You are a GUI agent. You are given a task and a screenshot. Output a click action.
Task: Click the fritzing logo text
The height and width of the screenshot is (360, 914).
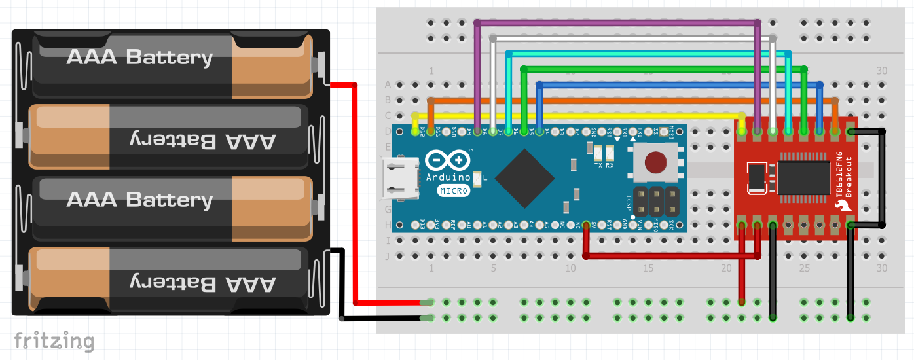54,341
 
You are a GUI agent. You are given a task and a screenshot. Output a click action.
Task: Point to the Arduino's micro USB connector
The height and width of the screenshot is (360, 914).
399,178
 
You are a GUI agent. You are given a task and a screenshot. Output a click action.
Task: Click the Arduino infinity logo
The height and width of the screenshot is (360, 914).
447,161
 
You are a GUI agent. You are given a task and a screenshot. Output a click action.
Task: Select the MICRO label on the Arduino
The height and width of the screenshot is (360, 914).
453,191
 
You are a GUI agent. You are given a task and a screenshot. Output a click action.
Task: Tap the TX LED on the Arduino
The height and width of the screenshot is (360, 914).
598,154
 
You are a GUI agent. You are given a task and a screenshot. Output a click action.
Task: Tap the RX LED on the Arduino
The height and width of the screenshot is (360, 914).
610,154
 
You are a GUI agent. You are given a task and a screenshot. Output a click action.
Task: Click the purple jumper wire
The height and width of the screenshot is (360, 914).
615,23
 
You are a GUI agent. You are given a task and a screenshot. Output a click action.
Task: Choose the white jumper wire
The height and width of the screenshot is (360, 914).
629,39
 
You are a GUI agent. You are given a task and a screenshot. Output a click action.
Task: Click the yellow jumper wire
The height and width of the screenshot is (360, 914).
576,116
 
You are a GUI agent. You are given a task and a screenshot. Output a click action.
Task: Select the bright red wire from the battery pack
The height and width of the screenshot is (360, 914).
355,196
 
